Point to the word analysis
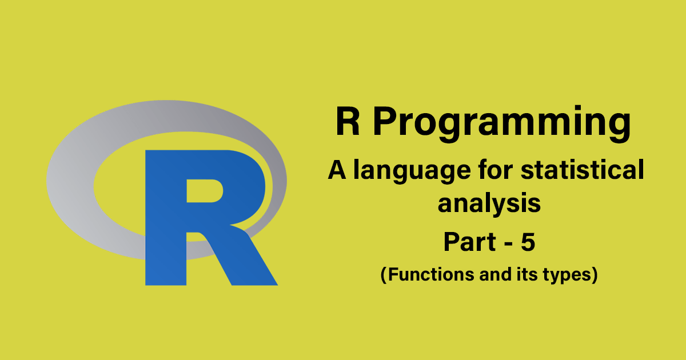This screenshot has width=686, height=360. pos(489,204)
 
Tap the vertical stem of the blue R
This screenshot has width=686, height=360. pos(166,229)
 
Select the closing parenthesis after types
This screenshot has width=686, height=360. pos(595,275)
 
